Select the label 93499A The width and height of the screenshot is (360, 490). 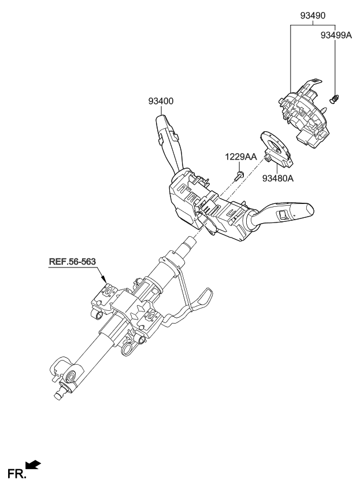(x=336, y=35)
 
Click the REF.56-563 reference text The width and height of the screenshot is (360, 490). (x=72, y=262)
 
